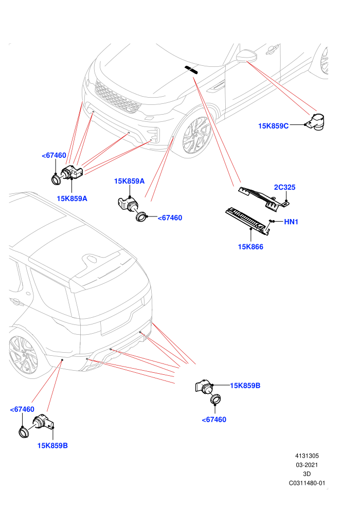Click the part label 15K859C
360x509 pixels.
click(x=273, y=126)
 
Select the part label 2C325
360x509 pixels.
click(x=285, y=187)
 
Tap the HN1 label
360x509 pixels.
click(x=291, y=222)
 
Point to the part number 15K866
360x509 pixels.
click(x=250, y=247)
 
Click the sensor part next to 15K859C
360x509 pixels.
click(x=316, y=122)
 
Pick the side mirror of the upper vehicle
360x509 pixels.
click(x=246, y=56)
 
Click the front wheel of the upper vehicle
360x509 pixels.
click(x=195, y=135)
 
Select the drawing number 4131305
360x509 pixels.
click(x=307, y=456)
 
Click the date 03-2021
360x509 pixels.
click(x=307, y=465)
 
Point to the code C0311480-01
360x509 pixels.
click(x=307, y=483)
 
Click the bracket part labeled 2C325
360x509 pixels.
click(x=264, y=198)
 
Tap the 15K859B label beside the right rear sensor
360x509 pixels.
click(x=245, y=386)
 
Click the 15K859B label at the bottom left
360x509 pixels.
click(x=52, y=446)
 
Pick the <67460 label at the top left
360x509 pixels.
click(x=54, y=155)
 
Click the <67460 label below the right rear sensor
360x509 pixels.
click(x=214, y=420)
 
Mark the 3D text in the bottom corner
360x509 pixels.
click(x=307, y=474)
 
